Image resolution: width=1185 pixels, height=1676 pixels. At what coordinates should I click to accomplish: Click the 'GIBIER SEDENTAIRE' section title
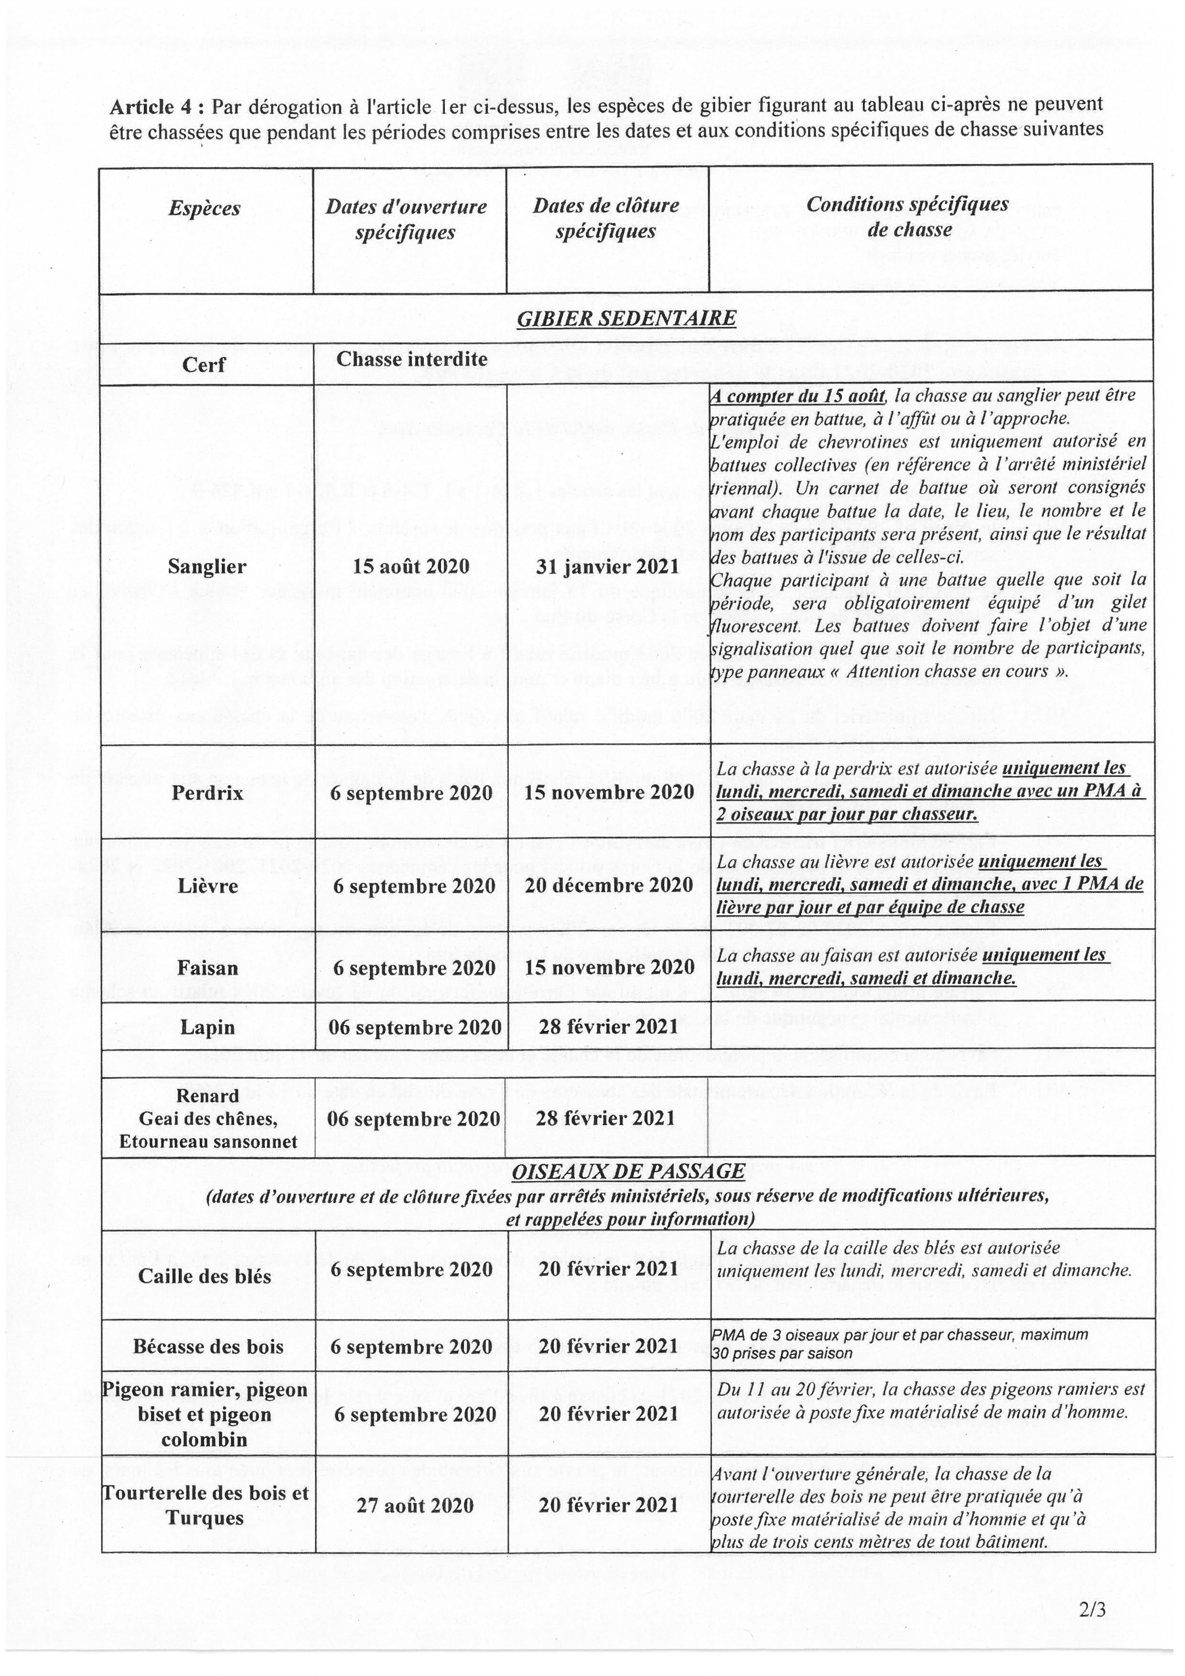(626, 319)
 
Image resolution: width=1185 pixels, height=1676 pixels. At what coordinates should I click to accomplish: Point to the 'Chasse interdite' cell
(411, 359)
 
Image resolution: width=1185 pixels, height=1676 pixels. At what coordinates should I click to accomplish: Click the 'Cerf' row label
(204, 364)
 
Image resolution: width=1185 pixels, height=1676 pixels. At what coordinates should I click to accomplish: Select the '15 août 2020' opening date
(411, 566)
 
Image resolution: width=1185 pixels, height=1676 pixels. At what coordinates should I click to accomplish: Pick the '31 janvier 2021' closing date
(608, 566)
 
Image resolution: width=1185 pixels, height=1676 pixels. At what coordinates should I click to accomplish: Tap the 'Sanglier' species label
(206, 566)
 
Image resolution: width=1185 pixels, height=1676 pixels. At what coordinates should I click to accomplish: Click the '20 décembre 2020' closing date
(609, 886)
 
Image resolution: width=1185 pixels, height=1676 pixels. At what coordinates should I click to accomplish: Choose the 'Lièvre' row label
(207, 886)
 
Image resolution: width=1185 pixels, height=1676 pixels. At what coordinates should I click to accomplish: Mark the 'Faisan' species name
(207, 968)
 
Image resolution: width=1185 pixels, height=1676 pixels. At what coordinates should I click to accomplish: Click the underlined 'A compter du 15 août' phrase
(799, 396)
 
